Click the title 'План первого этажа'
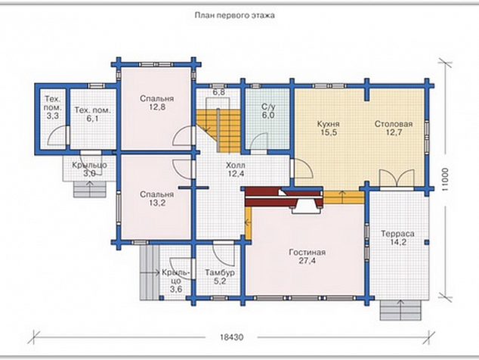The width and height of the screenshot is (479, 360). point(235,15)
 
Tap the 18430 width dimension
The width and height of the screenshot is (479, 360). point(232,337)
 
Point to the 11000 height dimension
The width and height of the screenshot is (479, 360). point(445,180)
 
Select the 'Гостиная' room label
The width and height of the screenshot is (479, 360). point(307,253)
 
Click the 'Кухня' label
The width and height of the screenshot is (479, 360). point(329,124)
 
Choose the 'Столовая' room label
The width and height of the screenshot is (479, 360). point(394,124)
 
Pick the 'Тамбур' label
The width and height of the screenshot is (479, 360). point(220,272)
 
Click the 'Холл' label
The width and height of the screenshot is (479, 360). point(236,166)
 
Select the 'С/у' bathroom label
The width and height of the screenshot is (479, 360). point(268,107)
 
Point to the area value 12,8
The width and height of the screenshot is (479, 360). point(157,107)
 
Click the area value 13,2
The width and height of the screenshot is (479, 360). point(157,203)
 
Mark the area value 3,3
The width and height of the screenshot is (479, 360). point(53,116)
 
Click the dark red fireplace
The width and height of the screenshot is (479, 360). point(284,197)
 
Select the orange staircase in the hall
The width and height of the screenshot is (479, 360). point(218,129)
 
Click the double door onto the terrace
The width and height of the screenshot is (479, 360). point(397,178)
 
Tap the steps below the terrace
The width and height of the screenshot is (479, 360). point(400,310)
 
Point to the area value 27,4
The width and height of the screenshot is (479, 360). point(307,261)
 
